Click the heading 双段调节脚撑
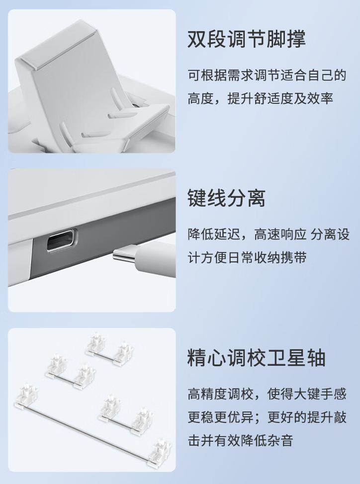[x=246, y=39]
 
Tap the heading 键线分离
[x=226, y=198]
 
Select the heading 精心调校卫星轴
[x=256, y=357]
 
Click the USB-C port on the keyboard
[x=61, y=241]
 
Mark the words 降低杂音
[x=267, y=440]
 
